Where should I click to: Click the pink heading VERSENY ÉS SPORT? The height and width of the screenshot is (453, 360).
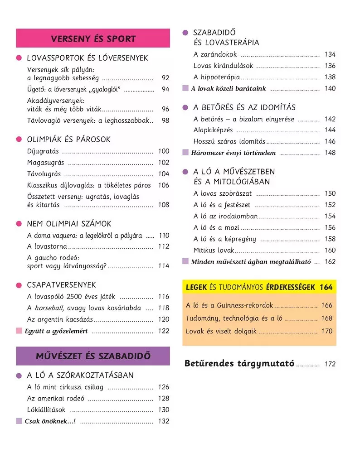(x=93, y=39)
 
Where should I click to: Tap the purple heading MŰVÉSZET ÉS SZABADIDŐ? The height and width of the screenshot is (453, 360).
(x=93, y=356)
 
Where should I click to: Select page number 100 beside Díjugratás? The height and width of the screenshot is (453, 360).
(x=163, y=151)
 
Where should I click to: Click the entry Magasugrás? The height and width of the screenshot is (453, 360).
(x=46, y=163)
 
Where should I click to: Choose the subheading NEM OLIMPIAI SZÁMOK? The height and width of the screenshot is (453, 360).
(x=69, y=224)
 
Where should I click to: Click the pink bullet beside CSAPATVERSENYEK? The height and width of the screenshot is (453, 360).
(x=19, y=285)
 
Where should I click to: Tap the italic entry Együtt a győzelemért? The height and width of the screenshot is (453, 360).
(x=56, y=331)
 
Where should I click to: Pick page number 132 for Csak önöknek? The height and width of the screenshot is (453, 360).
(x=163, y=421)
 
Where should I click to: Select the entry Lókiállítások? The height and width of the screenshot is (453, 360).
(x=47, y=410)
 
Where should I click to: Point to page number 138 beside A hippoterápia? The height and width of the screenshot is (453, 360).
(x=330, y=77)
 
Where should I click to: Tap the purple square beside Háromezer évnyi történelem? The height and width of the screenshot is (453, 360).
(x=185, y=153)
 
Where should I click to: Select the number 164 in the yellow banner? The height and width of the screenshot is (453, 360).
(x=326, y=287)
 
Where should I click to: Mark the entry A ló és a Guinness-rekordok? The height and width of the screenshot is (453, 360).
(x=230, y=306)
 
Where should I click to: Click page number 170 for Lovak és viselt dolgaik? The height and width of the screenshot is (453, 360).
(x=326, y=331)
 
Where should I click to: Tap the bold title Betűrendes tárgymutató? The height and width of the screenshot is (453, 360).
(x=239, y=364)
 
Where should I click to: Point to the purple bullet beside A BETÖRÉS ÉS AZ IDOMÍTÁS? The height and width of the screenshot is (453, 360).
(x=185, y=108)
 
